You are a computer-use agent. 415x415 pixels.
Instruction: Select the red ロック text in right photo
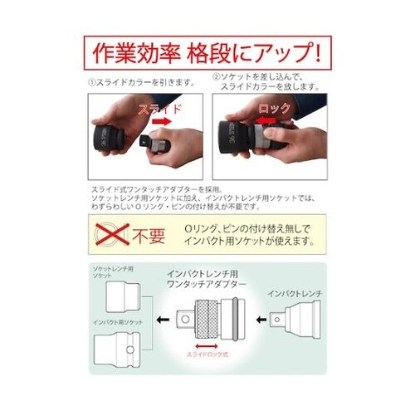(275, 108)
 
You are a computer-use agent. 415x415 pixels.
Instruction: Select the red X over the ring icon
(107, 234)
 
